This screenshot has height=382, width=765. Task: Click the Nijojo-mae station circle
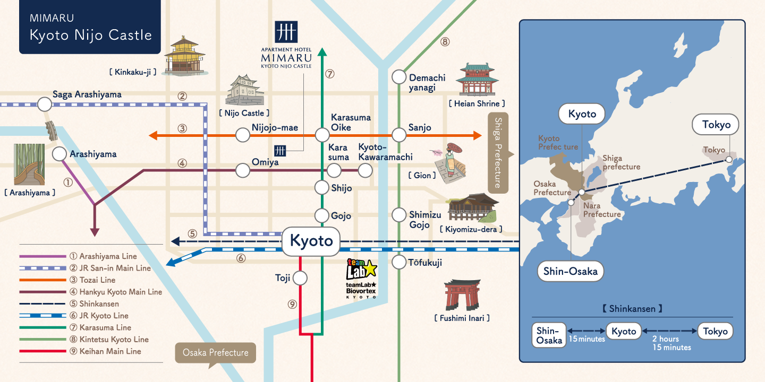pyautogui.click(x=243, y=135)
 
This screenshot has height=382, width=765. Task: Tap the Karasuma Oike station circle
pyautogui.click(x=322, y=135)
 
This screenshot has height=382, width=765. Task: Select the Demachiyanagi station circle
pyautogui.click(x=399, y=77)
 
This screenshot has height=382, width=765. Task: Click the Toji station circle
pyautogui.click(x=300, y=278)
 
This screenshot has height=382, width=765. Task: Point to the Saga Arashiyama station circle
pyautogui.click(x=45, y=104)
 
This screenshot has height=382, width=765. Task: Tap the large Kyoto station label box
pyautogui.click(x=311, y=241)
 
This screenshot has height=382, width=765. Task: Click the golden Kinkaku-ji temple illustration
pyautogui.click(x=184, y=56)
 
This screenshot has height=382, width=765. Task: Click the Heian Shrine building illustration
pyautogui.click(x=478, y=80)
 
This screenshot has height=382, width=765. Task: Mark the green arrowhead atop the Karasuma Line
pyautogui.click(x=322, y=51)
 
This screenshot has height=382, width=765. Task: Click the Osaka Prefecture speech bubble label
pyautogui.click(x=215, y=353)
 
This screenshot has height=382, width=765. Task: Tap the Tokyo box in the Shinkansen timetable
pyautogui.click(x=715, y=332)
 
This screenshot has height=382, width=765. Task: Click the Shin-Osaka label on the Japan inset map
pyautogui.click(x=570, y=272)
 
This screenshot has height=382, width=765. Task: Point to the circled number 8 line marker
pyautogui.click(x=445, y=41)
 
